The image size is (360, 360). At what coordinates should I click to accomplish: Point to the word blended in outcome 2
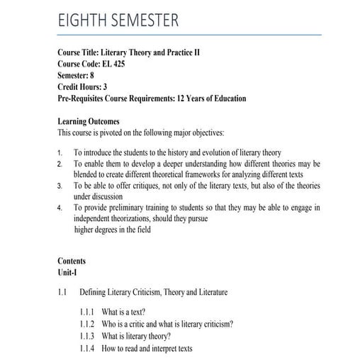click(x=89, y=174)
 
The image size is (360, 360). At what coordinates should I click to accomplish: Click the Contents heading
click(x=72, y=261)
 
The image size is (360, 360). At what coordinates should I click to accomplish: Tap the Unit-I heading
click(x=68, y=272)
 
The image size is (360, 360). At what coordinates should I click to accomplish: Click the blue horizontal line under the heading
click(x=189, y=35)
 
